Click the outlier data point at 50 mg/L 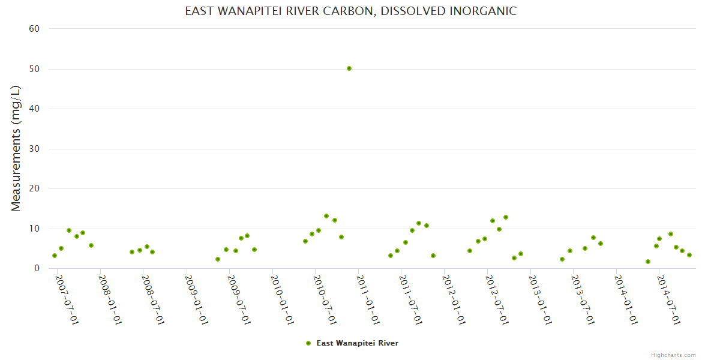tap(349, 68)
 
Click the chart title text tap(350, 11)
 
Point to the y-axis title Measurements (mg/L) tap(16, 148)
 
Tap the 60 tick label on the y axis tap(34, 29)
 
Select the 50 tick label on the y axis tap(34, 69)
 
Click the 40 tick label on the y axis tap(34, 109)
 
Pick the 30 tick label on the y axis tap(34, 149)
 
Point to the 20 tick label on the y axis tap(34, 189)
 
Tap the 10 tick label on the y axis tap(34, 229)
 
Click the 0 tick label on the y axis tap(37, 269)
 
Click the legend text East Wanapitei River tap(357, 343)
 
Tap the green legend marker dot tap(308, 343)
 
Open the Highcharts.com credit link tap(673, 355)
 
